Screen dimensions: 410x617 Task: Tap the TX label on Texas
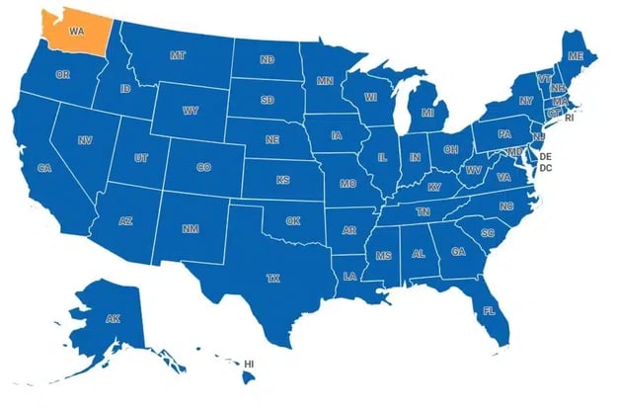273,279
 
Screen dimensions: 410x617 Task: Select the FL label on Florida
489,311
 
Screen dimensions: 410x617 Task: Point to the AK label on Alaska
114,318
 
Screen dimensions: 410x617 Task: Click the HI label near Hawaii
249,365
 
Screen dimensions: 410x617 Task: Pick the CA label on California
44,169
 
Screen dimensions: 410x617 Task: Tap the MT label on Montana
178,55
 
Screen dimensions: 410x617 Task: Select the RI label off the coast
569,118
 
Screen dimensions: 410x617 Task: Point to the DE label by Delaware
545,157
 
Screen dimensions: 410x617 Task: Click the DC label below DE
545,169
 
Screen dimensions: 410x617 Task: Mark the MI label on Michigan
427,114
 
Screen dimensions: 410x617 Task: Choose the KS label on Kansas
283,181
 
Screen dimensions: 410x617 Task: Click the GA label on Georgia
458,252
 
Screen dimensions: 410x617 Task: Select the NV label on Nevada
85,141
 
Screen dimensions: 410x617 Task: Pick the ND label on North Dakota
268,60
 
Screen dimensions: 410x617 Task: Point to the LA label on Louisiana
350,276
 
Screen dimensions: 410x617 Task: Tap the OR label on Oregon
63,75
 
